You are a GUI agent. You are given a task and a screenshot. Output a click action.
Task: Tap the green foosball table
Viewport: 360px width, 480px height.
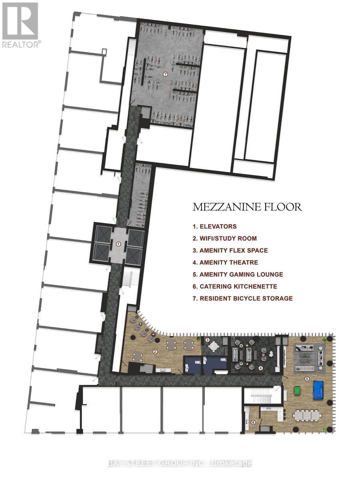(298, 389)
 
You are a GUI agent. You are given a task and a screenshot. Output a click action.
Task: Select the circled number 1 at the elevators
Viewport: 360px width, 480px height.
(118, 243)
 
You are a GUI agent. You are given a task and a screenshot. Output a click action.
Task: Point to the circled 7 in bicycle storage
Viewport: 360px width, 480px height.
(165, 74)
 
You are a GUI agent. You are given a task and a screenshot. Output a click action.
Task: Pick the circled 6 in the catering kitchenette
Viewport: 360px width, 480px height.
(253, 422)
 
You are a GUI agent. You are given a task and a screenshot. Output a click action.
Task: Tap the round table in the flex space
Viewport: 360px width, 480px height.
(215, 346)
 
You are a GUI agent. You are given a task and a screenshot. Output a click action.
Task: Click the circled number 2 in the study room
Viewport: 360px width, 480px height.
(155, 352)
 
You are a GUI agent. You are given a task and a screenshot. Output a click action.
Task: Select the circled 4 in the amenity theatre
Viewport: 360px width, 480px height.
(260, 368)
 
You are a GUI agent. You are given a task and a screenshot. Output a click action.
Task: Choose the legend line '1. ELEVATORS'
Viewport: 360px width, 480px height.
(215, 226)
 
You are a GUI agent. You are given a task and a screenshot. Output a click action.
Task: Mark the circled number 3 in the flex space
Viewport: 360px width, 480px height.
(207, 340)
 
